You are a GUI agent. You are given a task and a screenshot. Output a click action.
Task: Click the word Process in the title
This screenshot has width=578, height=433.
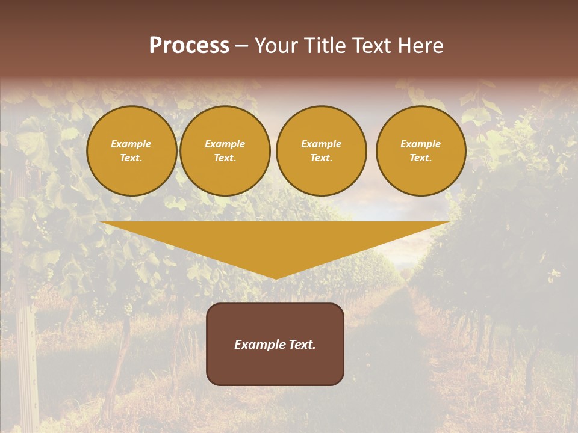pyautogui.click(x=189, y=46)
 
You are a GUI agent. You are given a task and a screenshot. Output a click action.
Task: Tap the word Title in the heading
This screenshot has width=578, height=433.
pyautogui.click(x=323, y=46)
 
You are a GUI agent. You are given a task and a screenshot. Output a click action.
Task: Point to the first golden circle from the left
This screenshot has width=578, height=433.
pyautogui.click(x=131, y=151)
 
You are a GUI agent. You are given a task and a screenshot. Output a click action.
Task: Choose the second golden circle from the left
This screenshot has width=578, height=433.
pyautogui.click(x=225, y=151)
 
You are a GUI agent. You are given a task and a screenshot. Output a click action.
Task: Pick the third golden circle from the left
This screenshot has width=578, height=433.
pyautogui.click(x=321, y=151)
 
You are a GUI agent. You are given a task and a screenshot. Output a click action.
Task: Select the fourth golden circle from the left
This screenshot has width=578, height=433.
pyautogui.click(x=421, y=151)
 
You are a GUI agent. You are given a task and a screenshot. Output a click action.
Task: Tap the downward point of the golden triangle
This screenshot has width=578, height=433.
pyautogui.click(x=276, y=277)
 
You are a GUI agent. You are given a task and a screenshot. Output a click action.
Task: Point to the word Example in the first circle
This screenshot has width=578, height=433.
pyautogui.click(x=131, y=144)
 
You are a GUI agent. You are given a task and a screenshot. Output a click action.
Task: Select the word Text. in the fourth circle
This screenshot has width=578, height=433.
pyautogui.click(x=421, y=158)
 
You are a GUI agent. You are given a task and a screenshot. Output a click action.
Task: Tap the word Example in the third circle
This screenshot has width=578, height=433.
pyautogui.click(x=321, y=144)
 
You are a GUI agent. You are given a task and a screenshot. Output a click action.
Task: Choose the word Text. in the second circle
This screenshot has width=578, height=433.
pyautogui.click(x=225, y=158)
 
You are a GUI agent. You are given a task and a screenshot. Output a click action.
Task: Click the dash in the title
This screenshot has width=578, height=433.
pyautogui.click(x=241, y=46)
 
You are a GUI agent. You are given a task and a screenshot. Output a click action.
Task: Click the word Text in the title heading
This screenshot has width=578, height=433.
pyautogui.click(x=372, y=46)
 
